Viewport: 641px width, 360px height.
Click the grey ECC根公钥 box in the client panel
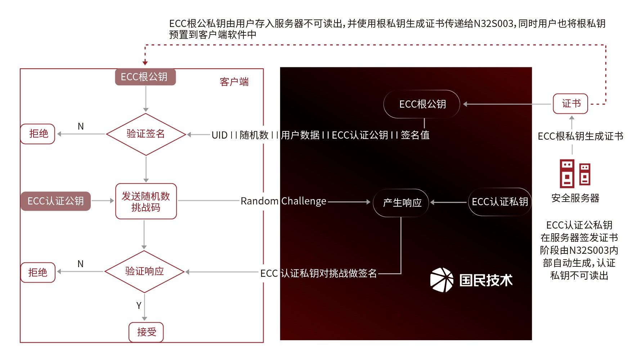coord(145,77)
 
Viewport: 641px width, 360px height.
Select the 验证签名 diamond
coord(146,134)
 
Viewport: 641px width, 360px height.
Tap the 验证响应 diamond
coord(144,271)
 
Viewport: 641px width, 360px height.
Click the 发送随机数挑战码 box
coord(146,201)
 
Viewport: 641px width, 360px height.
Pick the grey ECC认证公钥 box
coord(56,201)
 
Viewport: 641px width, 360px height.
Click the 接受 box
coord(146,332)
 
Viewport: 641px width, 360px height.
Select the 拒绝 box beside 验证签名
coord(38,134)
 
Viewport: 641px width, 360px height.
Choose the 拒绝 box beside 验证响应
coord(38,273)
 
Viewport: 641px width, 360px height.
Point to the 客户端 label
coord(234,82)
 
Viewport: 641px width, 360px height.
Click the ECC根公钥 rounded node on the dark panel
coord(422,104)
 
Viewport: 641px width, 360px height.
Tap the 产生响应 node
coord(402,203)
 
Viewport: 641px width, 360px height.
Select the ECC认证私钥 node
coord(499,202)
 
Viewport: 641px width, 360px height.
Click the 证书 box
coord(571,104)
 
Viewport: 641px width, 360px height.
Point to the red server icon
coord(575,173)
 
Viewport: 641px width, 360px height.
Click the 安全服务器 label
coord(575,198)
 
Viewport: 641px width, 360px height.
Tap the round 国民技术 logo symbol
coord(442,280)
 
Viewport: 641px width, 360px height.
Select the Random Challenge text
coord(283,201)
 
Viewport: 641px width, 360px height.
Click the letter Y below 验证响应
coord(139,306)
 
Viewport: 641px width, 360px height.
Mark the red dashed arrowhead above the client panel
coord(145,63)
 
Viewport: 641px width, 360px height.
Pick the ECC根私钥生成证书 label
coord(580,136)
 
